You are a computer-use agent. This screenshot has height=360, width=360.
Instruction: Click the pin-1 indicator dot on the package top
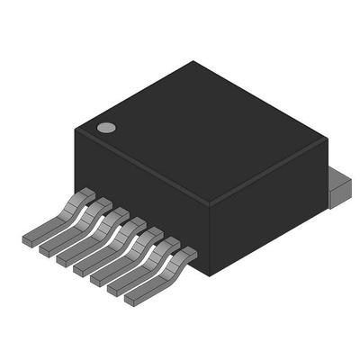[x=105, y=128]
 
